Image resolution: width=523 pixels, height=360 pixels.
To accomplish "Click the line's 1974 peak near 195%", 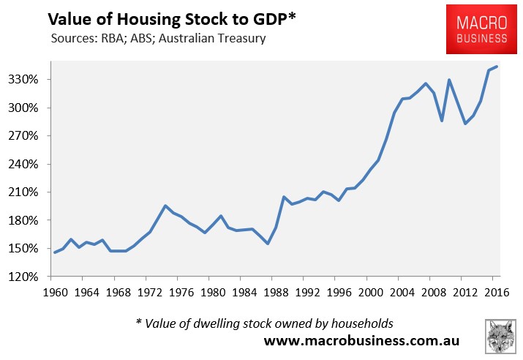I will (165, 206).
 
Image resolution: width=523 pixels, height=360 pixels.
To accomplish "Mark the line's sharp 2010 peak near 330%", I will (449, 80).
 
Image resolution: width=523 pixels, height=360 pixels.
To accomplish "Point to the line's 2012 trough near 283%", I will (464, 124).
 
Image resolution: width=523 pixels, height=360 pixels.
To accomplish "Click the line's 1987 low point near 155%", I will (268, 244).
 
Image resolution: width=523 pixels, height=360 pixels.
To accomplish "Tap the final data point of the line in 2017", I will (497, 67).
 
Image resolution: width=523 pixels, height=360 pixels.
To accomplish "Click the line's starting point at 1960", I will (54, 252).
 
